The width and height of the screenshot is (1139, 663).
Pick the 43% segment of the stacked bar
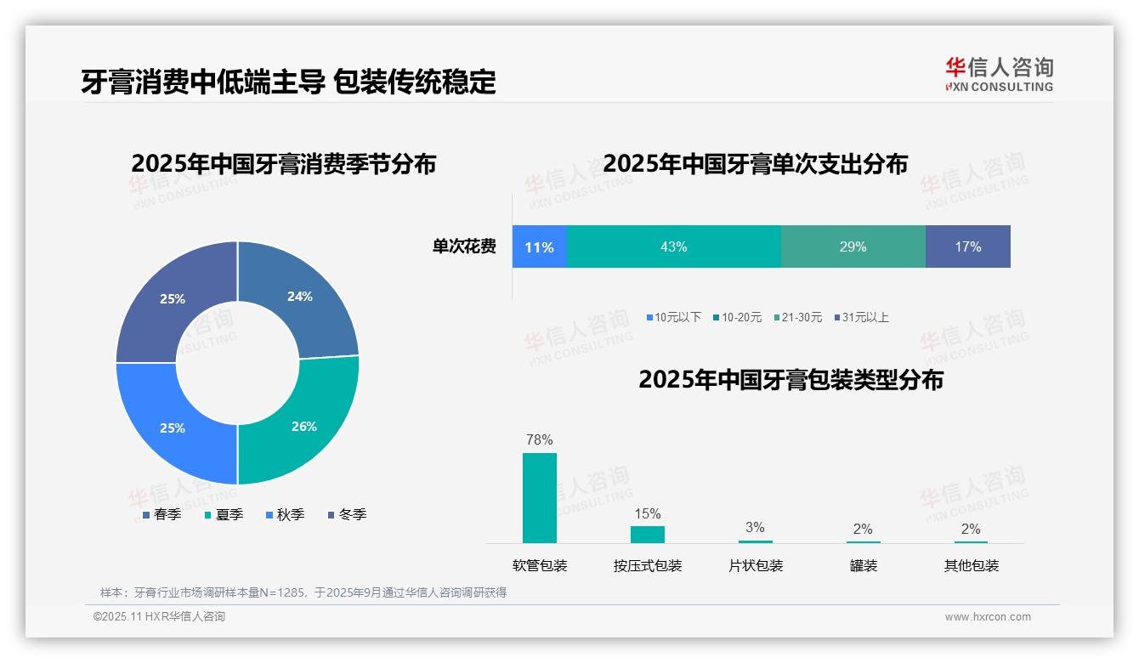tap(673, 246)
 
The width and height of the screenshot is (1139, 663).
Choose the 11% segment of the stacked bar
tap(539, 246)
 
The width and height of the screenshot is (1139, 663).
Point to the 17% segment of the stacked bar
tap(967, 246)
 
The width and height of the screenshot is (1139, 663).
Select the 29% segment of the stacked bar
tap(853, 246)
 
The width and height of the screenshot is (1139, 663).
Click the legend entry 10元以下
tap(673, 317)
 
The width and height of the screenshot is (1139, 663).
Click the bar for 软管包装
tap(540, 497)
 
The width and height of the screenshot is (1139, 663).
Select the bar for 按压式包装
tap(648, 534)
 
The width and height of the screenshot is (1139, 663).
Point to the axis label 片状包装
tap(756, 565)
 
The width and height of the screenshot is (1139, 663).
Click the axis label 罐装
tap(863, 565)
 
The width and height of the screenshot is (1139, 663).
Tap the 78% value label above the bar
tap(540, 439)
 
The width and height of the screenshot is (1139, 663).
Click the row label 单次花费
tap(464, 246)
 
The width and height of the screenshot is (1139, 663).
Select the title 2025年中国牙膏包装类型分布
tap(790, 379)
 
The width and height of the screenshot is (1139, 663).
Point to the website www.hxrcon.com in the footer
tap(988, 616)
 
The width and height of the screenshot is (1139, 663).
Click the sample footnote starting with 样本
tap(303, 592)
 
